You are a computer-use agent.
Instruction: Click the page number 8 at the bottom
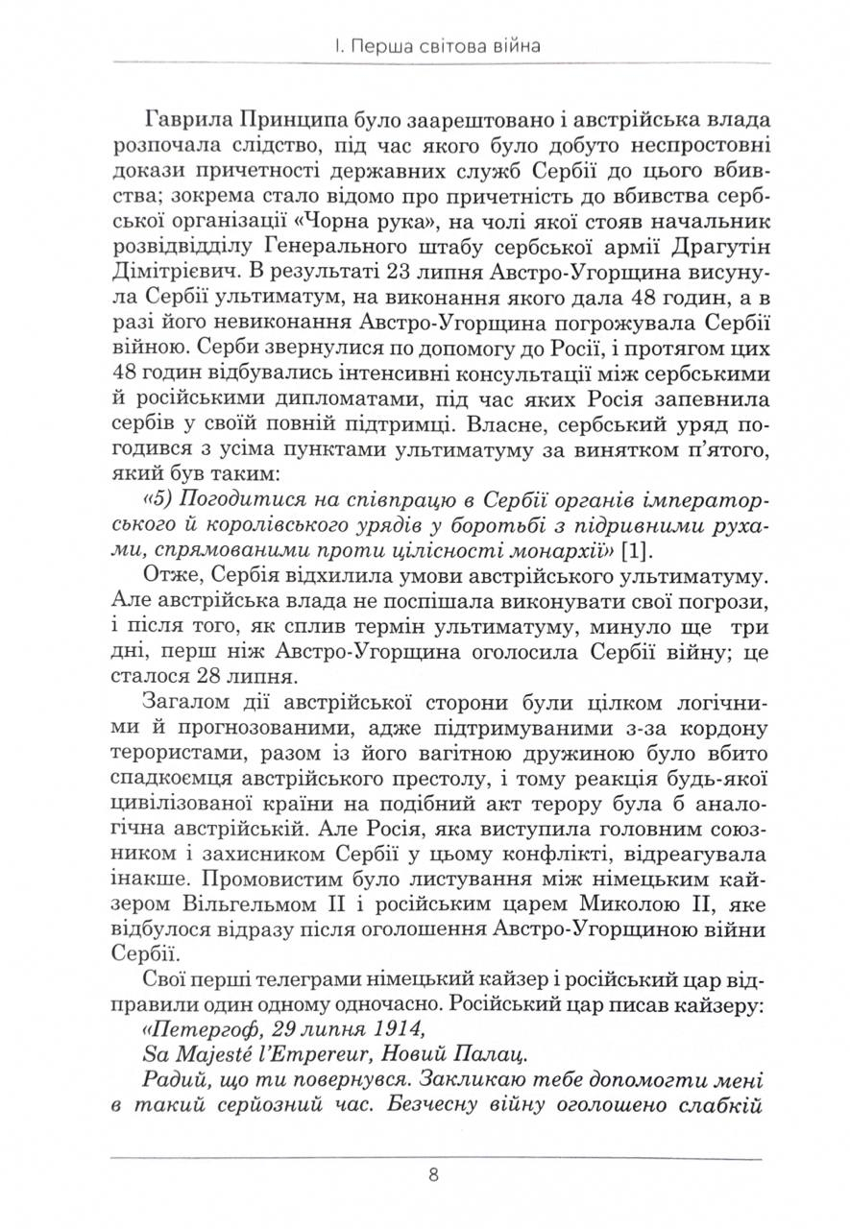coord(434,1174)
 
